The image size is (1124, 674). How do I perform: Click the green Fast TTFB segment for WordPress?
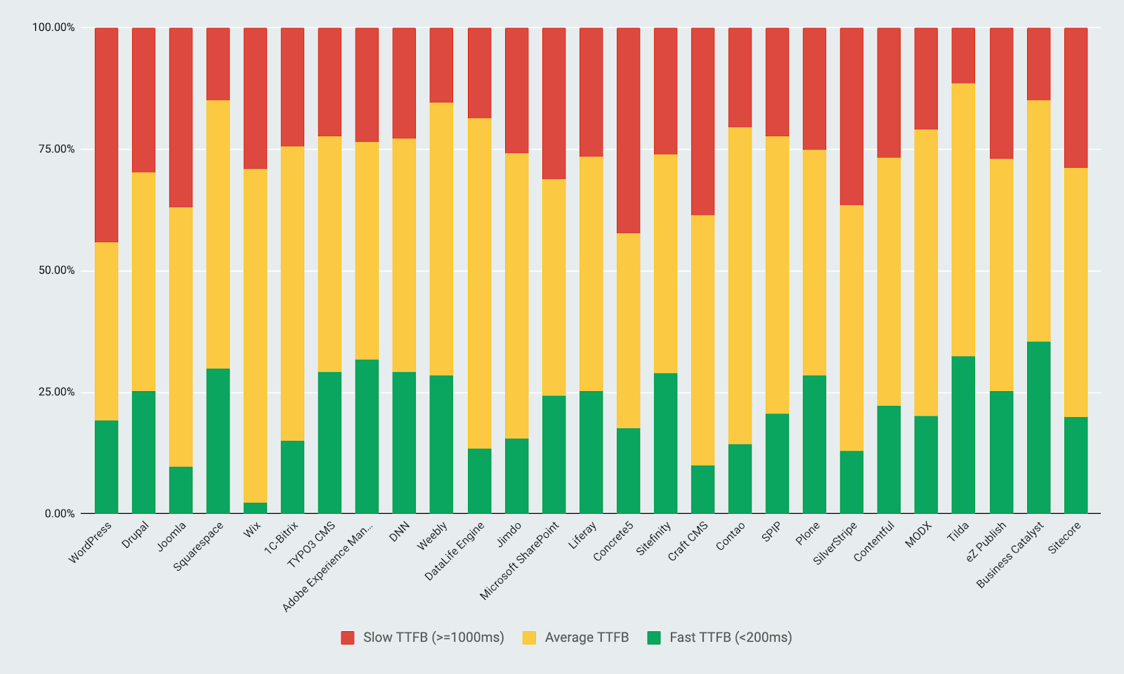pyautogui.click(x=106, y=467)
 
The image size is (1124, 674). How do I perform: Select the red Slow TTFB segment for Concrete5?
pyautogui.click(x=628, y=131)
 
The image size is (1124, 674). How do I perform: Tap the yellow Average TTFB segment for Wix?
pyautogui.click(x=255, y=336)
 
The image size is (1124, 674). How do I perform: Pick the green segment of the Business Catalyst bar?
pyautogui.click(x=1038, y=428)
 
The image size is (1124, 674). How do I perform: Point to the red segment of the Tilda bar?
pyautogui.click(x=963, y=55)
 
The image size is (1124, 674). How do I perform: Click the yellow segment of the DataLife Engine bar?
pyautogui.click(x=479, y=283)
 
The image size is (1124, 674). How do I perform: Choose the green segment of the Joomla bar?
pyautogui.click(x=181, y=490)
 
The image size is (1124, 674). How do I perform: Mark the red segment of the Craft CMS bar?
pyautogui.click(x=702, y=121)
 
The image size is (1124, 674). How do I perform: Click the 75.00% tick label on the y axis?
pyautogui.click(x=53, y=149)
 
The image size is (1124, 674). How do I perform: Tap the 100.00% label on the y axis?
pyautogui.click(x=53, y=27)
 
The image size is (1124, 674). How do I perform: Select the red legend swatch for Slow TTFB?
pyautogui.click(x=348, y=637)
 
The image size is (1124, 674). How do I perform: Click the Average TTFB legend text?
pyautogui.click(x=587, y=637)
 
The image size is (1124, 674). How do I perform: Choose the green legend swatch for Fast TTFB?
pyautogui.click(x=654, y=637)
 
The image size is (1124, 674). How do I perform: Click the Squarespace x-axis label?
pyautogui.click(x=199, y=546)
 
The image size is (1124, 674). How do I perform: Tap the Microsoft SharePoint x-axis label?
pyautogui.click(x=520, y=560)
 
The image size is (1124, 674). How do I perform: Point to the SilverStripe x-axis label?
pyautogui.click(x=835, y=543)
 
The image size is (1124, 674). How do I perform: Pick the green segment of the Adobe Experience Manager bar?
pyautogui.click(x=367, y=436)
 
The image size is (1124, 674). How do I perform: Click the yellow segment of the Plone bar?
pyautogui.click(x=814, y=263)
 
